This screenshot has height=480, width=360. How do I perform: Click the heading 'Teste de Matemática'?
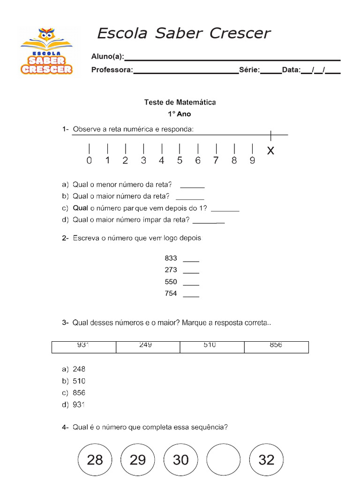(180, 102)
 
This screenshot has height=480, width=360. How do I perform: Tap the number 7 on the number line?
(216, 160)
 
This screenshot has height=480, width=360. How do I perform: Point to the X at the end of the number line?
(270, 151)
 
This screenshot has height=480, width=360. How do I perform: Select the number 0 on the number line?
(89, 160)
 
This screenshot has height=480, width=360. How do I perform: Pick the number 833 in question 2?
(171, 258)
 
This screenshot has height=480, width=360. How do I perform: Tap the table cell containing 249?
(148, 346)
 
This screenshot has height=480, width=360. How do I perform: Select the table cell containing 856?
(276, 346)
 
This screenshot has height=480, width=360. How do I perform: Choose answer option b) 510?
(79, 381)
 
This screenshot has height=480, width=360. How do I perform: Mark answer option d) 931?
(79, 405)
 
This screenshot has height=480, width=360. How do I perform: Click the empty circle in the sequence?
(224, 460)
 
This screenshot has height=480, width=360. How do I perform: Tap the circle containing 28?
(95, 460)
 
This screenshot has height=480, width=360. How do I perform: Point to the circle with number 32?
(266, 460)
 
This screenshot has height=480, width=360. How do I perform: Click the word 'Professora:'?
(112, 70)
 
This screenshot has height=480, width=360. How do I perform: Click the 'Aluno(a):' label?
(107, 57)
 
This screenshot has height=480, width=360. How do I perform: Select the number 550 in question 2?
(171, 282)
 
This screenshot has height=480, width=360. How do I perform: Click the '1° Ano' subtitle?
(180, 114)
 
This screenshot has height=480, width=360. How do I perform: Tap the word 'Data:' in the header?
(291, 70)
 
